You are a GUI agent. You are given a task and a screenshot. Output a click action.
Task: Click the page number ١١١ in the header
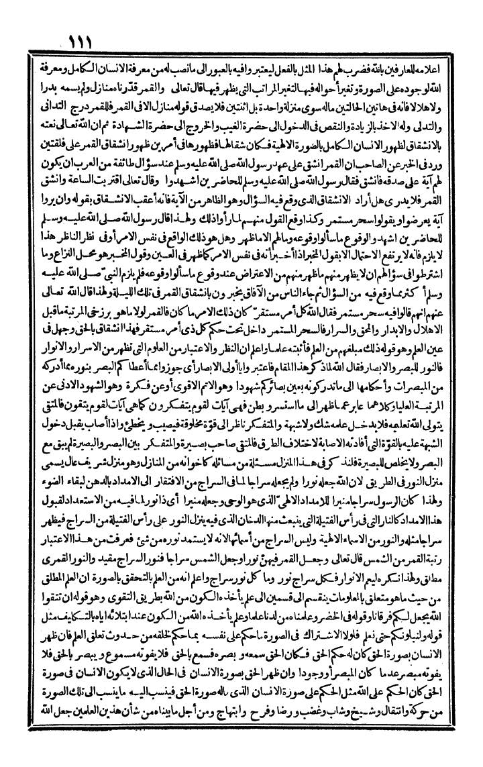point(87,41)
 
